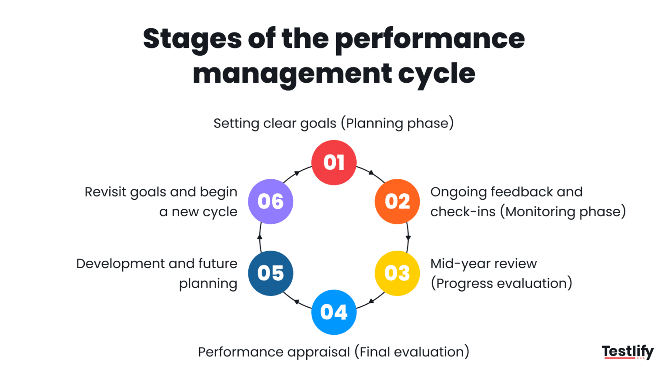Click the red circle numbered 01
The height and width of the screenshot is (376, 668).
[334, 162]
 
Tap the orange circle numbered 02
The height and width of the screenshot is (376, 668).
[397, 201]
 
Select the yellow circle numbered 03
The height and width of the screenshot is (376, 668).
[397, 273]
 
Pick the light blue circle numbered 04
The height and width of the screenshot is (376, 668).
[334, 312]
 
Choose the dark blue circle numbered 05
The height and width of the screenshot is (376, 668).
[271, 273]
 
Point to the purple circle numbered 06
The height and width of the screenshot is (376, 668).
[271, 201]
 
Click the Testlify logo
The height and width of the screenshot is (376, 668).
[627, 352]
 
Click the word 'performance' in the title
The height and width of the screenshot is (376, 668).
[430, 39]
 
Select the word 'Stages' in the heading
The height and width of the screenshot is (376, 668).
[192, 39]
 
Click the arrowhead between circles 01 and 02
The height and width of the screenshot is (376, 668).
[371, 173]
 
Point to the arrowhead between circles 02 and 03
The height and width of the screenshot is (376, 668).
[408, 238]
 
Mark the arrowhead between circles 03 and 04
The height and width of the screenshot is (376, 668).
[371, 301]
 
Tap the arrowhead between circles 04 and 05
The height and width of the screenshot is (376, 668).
[297, 301]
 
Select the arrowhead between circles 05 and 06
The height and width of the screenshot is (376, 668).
[260, 237]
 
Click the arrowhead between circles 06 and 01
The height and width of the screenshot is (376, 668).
[297, 173]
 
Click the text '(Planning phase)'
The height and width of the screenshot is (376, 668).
[397, 123]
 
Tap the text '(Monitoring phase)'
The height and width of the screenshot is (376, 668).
[563, 212]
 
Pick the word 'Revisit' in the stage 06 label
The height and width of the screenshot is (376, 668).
[105, 192]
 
